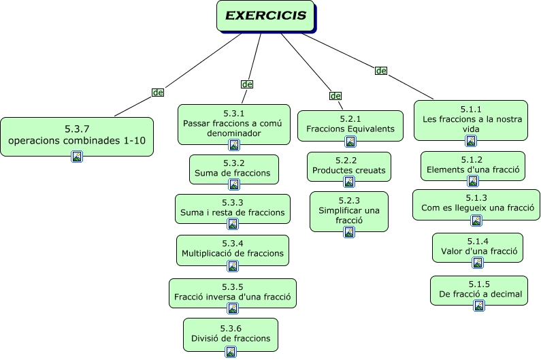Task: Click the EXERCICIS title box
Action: click(265, 16)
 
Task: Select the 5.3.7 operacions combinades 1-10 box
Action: click(76, 135)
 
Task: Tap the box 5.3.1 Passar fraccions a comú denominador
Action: click(233, 123)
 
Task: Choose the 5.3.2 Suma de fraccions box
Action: click(233, 168)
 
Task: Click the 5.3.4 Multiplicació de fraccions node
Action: click(233, 249)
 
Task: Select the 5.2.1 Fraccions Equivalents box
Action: click(350, 125)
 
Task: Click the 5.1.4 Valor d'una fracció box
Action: click(478, 247)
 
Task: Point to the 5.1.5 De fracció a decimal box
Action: click(479, 289)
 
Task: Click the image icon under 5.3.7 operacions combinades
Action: click(77, 157)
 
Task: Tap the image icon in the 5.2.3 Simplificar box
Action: click(349, 232)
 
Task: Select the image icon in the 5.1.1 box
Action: click(470, 141)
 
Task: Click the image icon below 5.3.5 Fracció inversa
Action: click(232, 310)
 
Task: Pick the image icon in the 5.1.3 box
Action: click(476, 220)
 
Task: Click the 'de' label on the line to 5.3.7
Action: click(158, 92)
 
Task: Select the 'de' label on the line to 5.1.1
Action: click(381, 71)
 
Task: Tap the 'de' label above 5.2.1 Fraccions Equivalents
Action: click(335, 96)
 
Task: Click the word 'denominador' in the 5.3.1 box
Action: click(233, 133)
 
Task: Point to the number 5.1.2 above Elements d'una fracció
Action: click(473, 159)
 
